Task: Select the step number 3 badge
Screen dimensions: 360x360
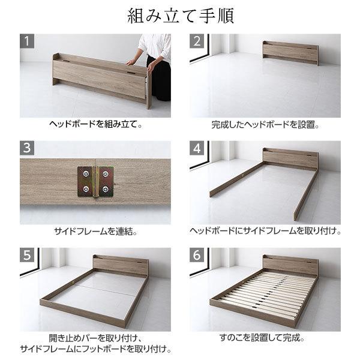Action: pyautogui.click(x=26, y=148)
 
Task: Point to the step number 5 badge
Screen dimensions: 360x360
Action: pyautogui.click(x=26, y=255)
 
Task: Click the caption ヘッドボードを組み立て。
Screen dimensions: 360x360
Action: pyautogui.click(x=95, y=126)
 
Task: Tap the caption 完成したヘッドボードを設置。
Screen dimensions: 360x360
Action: pyautogui.click(x=265, y=126)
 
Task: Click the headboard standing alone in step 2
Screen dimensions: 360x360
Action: pyautogui.click(x=289, y=53)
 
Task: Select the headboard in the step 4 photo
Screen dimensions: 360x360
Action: pyautogui.click(x=289, y=157)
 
